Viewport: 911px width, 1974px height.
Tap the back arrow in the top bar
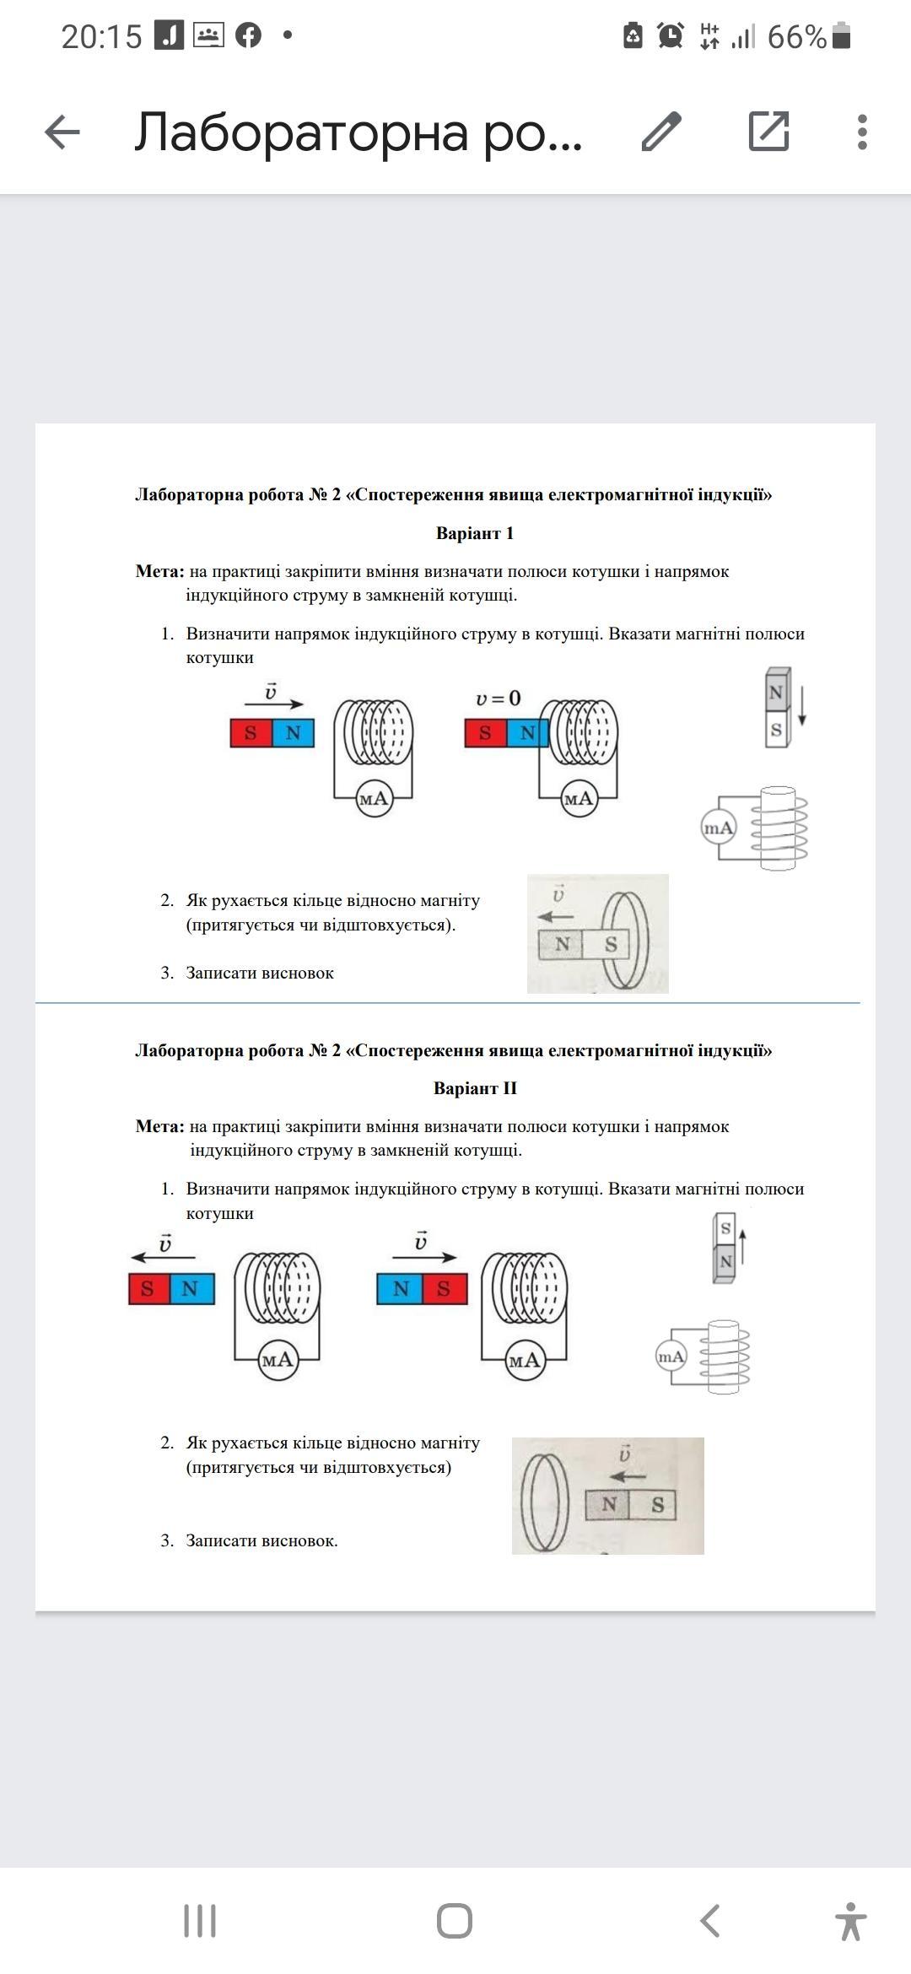62,132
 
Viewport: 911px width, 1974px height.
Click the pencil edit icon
661,132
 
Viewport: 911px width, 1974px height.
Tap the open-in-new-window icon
768,132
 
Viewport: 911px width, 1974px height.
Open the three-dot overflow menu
861,132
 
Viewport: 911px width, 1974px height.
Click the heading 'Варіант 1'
474,533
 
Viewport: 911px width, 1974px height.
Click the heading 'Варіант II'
475,1088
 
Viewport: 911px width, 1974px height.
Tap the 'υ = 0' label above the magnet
499,698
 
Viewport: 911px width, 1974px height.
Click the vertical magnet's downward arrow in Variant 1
801,707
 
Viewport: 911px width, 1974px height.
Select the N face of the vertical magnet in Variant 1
775,693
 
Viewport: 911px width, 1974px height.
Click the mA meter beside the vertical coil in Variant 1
719,828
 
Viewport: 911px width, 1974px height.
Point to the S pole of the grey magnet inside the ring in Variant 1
611,944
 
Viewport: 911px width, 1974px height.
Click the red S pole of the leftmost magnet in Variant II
148,1289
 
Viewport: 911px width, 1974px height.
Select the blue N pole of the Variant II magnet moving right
400,1289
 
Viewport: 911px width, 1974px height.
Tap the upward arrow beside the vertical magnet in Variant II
743,1246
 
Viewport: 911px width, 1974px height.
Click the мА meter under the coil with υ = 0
579,798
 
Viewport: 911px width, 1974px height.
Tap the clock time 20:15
101,36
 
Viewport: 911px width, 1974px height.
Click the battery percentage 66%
796,36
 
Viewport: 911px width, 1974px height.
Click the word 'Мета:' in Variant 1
159,572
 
